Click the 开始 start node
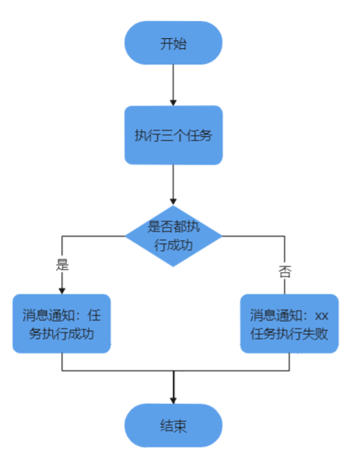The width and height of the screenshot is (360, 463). [173, 43]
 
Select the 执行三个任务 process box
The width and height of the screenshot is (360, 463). [173, 134]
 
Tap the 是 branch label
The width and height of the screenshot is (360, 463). [63, 264]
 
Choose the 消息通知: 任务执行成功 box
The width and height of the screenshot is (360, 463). [62, 324]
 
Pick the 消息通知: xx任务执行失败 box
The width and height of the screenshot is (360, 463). [288, 324]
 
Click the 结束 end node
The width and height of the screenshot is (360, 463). [173, 426]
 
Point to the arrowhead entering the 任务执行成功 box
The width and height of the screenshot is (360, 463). [62, 290]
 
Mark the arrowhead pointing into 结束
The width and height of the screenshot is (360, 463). [173, 399]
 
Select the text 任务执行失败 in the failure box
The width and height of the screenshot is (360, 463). [288, 336]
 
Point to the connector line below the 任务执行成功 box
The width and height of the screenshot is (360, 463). [62, 362]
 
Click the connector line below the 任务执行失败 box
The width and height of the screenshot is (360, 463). [288, 362]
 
